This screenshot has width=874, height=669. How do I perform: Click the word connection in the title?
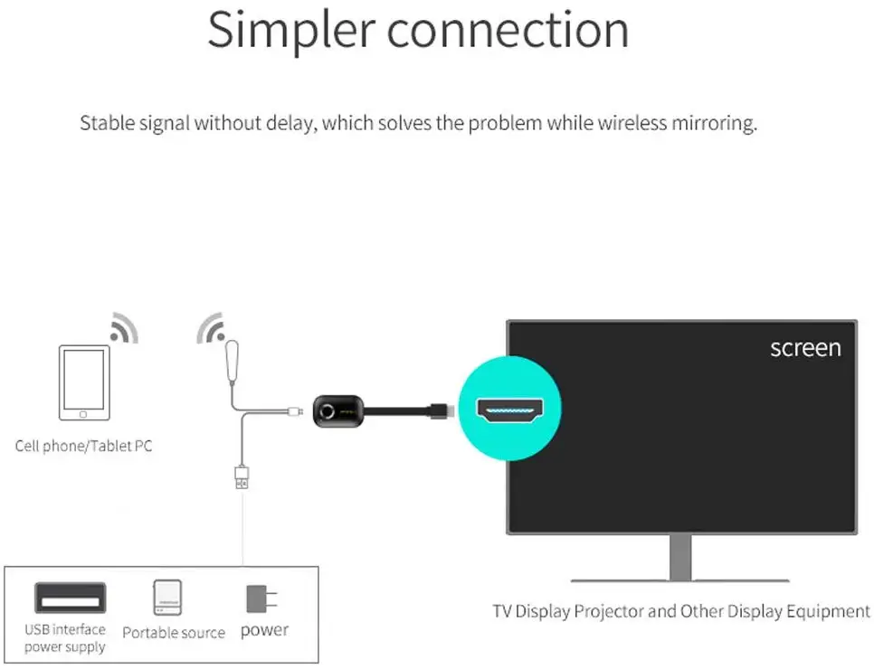click(508, 31)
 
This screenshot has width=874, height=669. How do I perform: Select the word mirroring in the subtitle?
click(711, 123)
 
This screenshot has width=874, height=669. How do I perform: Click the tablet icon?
click(84, 382)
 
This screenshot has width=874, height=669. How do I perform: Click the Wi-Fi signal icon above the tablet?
click(123, 329)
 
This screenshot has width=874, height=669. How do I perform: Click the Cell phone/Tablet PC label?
click(83, 446)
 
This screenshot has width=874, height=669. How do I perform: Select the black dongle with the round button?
click(337, 411)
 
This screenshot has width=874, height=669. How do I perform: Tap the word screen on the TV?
click(804, 348)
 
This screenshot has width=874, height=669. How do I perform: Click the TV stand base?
click(679, 579)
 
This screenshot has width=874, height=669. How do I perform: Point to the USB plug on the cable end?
click(242, 476)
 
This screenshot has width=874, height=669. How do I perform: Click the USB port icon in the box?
click(70, 598)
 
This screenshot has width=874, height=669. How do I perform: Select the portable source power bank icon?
click(168, 598)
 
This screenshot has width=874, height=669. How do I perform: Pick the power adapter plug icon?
click(261, 599)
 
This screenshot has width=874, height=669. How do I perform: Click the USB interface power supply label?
click(65, 638)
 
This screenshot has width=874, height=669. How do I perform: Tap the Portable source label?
click(174, 633)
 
